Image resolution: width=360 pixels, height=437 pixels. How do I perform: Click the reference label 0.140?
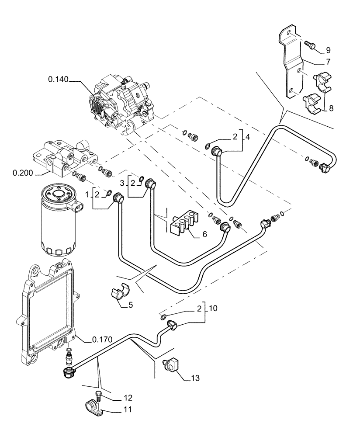click(59, 79)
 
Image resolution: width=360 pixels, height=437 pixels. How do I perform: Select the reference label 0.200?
click(22, 173)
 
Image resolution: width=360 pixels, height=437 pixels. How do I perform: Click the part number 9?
click(328, 50)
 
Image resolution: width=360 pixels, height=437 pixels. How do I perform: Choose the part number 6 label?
click(204, 235)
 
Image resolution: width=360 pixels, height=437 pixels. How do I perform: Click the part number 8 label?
click(331, 108)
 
